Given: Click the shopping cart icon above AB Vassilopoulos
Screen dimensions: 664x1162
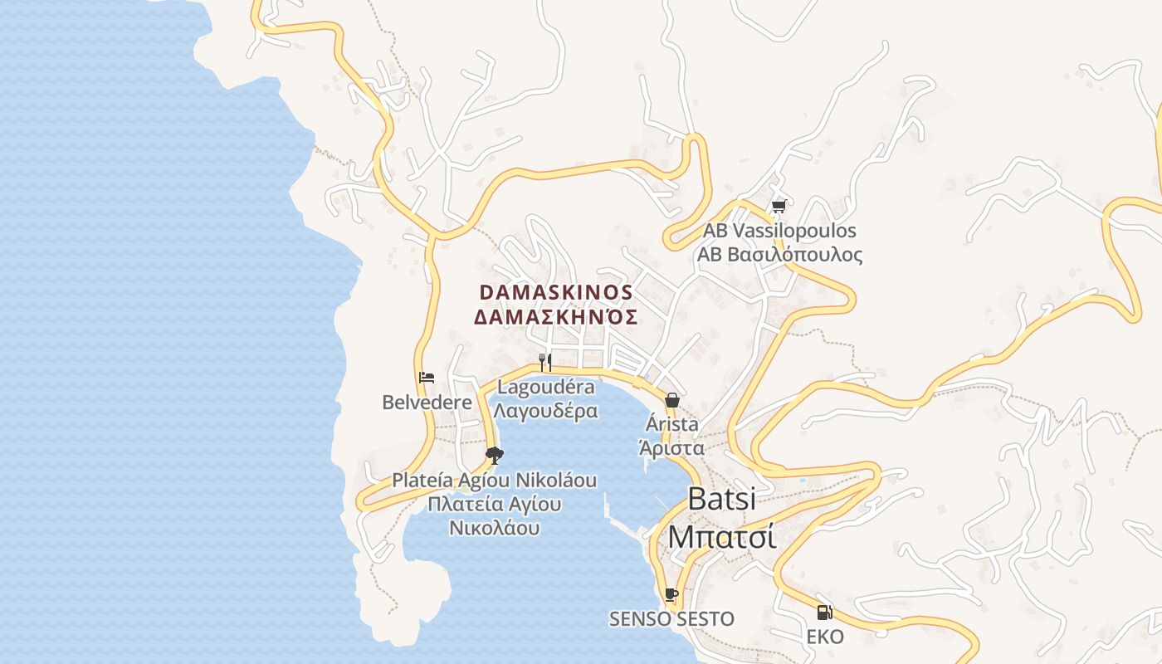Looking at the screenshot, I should click(779, 207).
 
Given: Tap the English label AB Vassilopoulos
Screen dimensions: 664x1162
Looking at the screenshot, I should click(779, 231).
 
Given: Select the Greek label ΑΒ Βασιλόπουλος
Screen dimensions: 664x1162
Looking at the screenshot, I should click(779, 255).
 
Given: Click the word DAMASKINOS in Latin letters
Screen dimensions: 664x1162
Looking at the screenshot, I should click(556, 293).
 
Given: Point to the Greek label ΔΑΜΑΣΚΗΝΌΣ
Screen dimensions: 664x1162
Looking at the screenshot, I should click(556, 317).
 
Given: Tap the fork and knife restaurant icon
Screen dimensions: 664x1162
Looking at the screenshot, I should click(545, 362).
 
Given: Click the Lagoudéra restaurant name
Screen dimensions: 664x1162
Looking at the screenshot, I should click(545, 387).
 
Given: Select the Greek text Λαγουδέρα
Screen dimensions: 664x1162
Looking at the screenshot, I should click(545, 411).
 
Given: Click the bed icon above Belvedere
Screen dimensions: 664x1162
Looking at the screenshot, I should click(427, 378).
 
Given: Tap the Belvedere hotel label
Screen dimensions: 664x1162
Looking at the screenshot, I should click(427, 403).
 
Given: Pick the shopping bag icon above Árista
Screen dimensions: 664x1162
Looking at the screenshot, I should click(671, 400).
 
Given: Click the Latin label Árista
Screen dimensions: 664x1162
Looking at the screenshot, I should click(671, 425).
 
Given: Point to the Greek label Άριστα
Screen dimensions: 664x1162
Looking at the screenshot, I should click(671, 448).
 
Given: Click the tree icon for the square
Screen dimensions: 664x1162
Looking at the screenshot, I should click(495, 455).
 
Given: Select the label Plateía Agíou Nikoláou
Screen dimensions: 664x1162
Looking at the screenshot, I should click(495, 480).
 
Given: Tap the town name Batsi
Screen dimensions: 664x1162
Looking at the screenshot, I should click(722, 499).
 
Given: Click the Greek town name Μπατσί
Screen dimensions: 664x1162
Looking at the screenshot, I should click(722, 537).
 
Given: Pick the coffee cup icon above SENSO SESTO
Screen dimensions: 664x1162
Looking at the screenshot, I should click(671, 594).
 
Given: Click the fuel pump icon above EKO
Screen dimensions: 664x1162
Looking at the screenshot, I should click(824, 613).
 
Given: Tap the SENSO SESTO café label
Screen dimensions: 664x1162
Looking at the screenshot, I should click(671, 619).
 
